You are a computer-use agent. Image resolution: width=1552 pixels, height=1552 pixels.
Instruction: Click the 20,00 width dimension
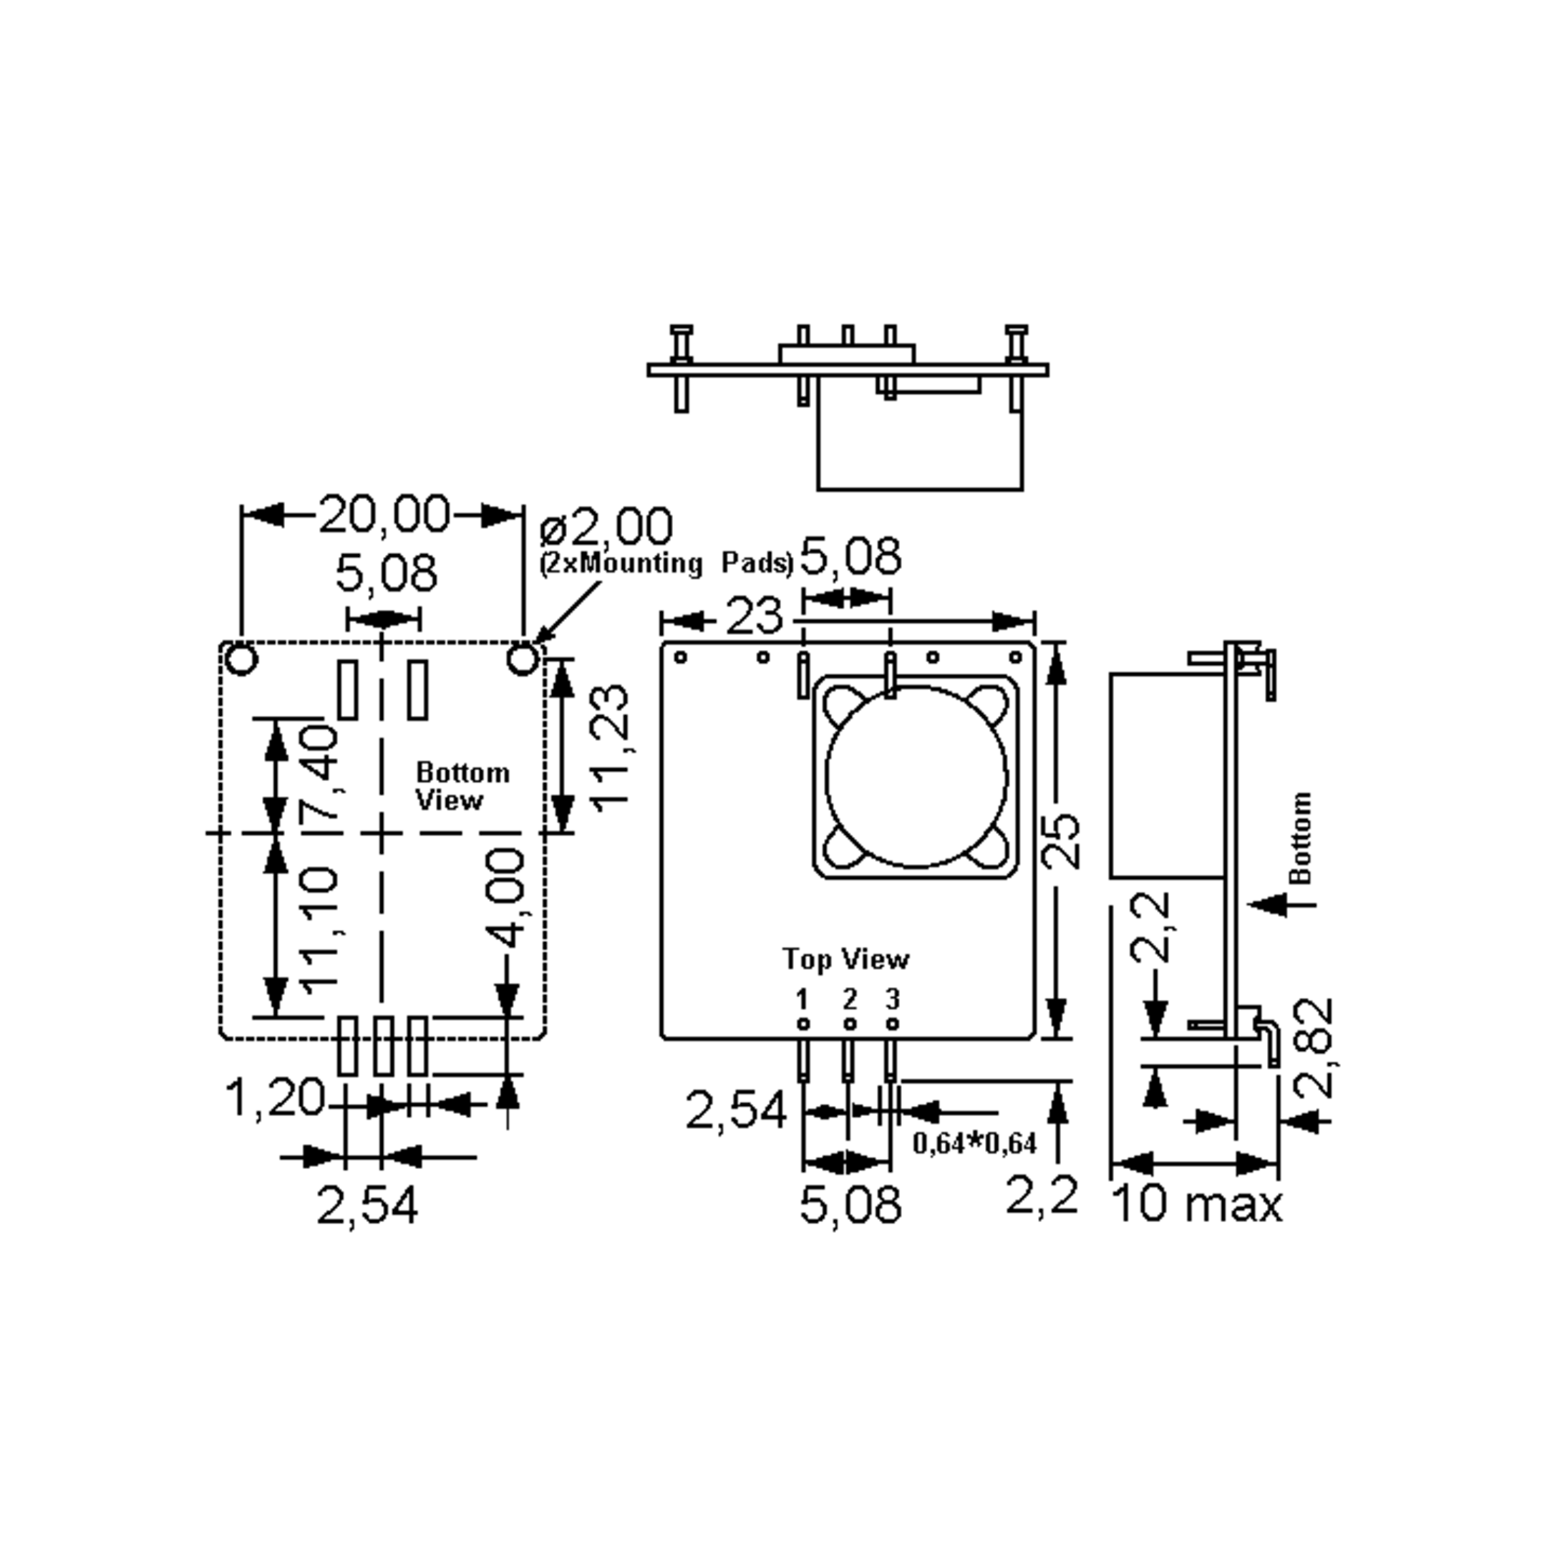pyautogui.click(x=384, y=514)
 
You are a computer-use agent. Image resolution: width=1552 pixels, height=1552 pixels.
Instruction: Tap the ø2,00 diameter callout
pyautogui.click(x=607, y=528)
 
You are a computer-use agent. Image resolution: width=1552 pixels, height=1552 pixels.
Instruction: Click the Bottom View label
pyautogui.click(x=462, y=786)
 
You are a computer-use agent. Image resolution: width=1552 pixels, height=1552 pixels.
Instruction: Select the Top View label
pyautogui.click(x=846, y=959)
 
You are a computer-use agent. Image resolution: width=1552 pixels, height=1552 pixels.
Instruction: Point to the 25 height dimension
pyautogui.click(x=1062, y=841)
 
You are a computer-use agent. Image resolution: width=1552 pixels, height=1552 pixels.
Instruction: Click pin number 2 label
pyautogui.click(x=849, y=999)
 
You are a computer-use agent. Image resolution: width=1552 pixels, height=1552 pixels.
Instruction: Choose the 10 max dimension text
pyautogui.click(x=1196, y=1205)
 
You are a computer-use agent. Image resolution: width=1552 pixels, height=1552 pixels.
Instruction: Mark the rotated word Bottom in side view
pyautogui.click(x=1300, y=838)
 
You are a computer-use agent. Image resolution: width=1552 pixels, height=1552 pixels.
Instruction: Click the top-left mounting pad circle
pyautogui.click(x=241, y=660)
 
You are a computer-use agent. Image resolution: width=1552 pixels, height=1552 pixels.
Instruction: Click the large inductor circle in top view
pyautogui.click(x=916, y=776)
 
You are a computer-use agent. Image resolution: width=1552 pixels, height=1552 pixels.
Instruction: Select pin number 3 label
pyautogui.click(x=892, y=999)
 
